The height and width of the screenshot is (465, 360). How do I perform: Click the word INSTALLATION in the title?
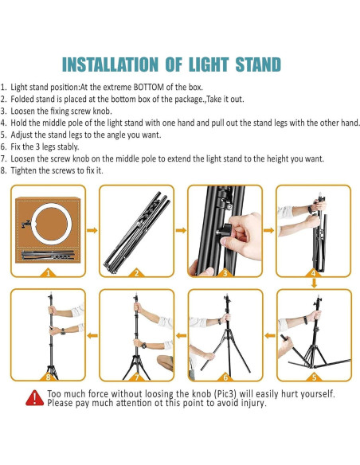111,64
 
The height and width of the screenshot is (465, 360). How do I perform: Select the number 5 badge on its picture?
314,376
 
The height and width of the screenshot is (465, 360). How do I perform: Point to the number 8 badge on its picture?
47,376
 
